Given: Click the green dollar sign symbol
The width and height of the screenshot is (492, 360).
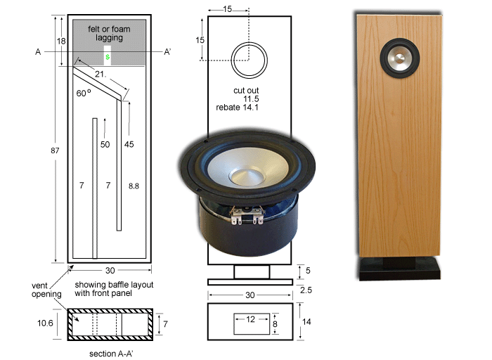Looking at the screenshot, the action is click(108, 57).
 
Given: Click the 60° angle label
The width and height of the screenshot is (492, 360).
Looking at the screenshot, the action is click(84, 93).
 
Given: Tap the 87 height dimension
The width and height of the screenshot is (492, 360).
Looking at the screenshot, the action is click(55, 150).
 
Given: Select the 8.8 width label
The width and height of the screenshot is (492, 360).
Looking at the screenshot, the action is click(134, 186).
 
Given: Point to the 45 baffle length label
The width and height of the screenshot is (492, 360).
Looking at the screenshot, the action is click(129, 144).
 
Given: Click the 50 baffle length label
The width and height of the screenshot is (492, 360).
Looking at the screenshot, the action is click(105, 144).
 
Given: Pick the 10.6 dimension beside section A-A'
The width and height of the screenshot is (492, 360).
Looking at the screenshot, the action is click(45, 323).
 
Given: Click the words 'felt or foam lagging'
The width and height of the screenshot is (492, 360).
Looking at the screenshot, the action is click(109, 33).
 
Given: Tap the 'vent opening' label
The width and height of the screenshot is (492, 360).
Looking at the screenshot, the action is click(46, 290).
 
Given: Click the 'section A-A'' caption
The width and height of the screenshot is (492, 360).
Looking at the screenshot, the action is click(111, 354).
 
